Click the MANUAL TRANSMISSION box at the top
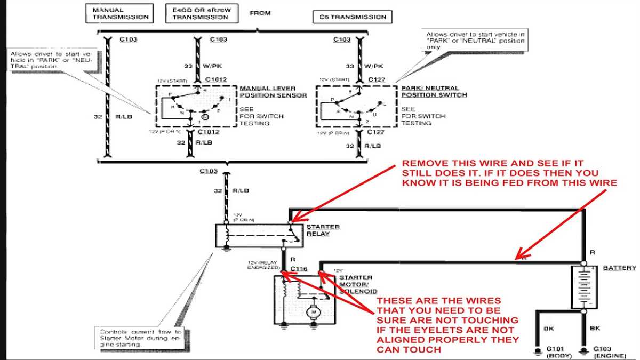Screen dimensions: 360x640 (117, 14)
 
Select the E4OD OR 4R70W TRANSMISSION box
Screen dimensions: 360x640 (200, 14)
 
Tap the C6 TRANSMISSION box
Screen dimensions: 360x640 (350, 17)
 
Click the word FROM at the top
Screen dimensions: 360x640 (260, 12)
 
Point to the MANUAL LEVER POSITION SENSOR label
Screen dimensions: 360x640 (273, 92)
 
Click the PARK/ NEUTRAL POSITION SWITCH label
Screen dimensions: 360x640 (434, 92)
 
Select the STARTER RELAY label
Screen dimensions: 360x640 (323, 230)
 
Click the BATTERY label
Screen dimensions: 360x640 (619, 268)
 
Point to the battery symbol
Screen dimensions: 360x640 (584, 286)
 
